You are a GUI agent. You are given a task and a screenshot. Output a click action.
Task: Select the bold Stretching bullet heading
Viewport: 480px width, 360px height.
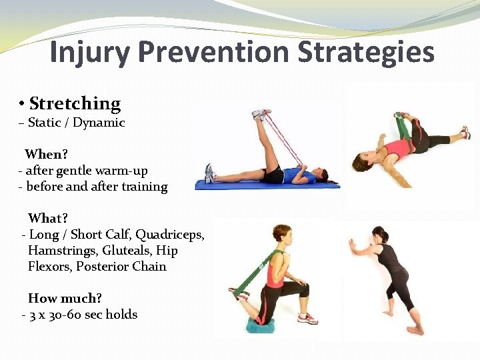pos(75,103)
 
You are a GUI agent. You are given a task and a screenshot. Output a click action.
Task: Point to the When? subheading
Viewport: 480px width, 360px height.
pos(47,155)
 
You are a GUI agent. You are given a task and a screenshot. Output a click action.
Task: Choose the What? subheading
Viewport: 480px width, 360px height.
pos(48,219)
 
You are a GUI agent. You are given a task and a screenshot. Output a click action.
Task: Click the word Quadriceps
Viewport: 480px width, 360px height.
pos(170,235)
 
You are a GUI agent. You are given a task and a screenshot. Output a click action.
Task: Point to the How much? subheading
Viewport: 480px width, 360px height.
pos(65,299)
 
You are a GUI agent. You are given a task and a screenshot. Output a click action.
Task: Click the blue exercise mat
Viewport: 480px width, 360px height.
pos(267,185)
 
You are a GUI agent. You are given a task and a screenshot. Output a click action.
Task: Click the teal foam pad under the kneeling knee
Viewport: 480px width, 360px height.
pos(261,325)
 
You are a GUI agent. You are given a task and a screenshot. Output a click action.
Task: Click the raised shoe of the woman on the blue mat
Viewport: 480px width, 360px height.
pos(261,115)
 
